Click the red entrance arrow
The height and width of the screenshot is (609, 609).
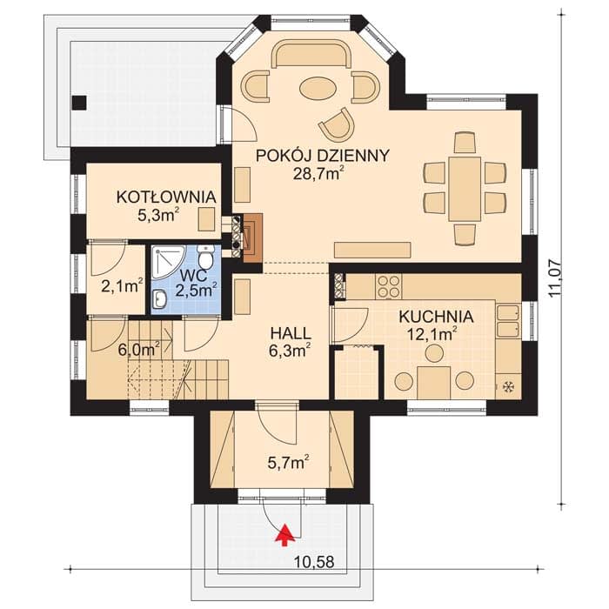(285, 535)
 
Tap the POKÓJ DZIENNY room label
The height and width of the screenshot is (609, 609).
(323, 156)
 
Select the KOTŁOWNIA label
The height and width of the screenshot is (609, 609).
(166, 197)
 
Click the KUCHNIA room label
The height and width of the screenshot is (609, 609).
(436, 317)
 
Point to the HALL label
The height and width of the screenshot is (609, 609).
(291, 333)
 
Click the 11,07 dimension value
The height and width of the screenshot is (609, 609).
(555, 278)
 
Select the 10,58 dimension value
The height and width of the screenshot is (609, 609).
(314, 562)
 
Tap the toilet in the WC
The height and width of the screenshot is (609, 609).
(204, 257)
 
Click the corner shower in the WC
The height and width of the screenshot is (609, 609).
(164, 261)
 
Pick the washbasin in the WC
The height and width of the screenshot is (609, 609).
(159, 299)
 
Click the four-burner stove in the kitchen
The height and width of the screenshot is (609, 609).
(388, 286)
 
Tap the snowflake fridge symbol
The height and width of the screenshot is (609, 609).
(507, 386)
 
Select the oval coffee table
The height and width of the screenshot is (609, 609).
(316, 89)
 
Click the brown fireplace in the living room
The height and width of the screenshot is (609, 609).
(252, 238)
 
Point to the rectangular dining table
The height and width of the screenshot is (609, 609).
(465, 189)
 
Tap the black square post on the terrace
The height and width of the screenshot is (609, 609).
(79, 103)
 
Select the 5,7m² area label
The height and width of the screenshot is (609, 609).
(289, 463)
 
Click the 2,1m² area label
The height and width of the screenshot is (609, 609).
(123, 286)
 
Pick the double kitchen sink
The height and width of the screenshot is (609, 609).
(507, 321)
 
